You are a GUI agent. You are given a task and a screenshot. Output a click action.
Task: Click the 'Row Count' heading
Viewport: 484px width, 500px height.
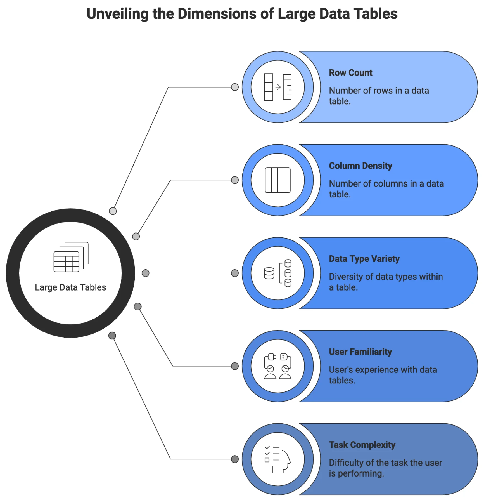coord(350,73)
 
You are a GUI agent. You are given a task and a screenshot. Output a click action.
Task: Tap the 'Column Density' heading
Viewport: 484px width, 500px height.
coord(360,166)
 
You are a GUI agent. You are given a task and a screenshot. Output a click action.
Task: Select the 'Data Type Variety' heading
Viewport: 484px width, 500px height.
coord(364,259)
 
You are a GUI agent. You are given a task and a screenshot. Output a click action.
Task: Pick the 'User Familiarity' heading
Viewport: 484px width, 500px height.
coord(360,352)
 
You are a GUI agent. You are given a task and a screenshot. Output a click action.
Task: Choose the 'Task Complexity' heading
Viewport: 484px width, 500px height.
coord(362,445)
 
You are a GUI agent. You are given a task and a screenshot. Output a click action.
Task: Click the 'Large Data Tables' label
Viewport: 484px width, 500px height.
coord(70,287)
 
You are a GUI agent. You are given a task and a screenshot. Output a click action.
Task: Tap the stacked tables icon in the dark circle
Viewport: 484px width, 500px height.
coord(71,257)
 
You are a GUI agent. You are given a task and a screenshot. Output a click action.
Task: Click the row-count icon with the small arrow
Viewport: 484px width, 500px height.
coord(277,87)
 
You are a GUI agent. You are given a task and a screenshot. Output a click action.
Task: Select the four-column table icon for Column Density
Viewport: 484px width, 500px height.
coord(277,180)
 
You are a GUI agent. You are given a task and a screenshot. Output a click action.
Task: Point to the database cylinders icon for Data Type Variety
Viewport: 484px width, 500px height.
coord(277,273)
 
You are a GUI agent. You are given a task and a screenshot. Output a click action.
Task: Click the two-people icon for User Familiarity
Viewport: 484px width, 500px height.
coord(277,366)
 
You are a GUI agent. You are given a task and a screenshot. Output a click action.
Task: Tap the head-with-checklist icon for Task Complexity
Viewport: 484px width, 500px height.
coord(277,459)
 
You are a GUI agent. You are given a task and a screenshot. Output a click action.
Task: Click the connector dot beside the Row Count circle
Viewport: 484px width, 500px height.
coord(235,87)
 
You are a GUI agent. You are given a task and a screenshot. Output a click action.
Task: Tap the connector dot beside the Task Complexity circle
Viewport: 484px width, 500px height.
coord(235,459)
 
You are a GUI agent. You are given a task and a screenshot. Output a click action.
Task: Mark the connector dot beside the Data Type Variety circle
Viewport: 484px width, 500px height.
coord(235,273)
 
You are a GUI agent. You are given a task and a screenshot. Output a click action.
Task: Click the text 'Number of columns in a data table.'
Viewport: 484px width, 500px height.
coord(386,189)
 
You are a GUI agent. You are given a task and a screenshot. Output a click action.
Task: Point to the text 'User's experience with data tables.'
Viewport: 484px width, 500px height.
coord(383,375)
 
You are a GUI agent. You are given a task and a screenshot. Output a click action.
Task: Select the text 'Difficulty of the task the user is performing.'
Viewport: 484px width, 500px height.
coord(385,468)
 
